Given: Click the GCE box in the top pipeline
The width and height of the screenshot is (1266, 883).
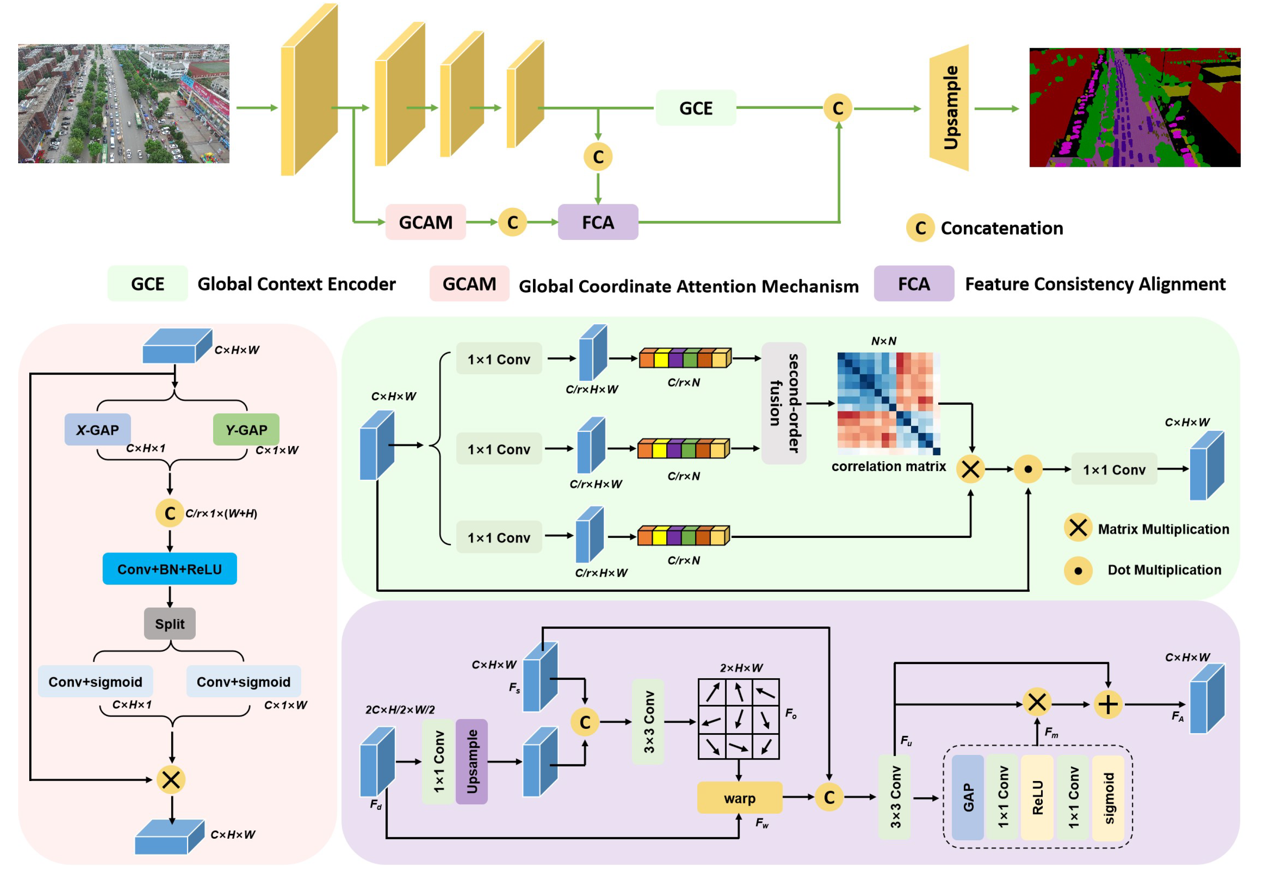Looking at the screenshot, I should (x=695, y=108).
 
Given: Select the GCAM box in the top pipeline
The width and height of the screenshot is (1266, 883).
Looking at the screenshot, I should (x=425, y=222).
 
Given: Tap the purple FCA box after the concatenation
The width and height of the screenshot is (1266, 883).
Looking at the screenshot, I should (x=598, y=222).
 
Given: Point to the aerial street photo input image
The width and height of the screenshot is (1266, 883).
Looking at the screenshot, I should (x=123, y=104).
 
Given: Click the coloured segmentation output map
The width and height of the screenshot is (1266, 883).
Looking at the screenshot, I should (x=1134, y=108).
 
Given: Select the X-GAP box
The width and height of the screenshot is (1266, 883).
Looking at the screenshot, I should (x=98, y=429).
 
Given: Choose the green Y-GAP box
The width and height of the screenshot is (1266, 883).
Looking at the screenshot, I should (x=246, y=429).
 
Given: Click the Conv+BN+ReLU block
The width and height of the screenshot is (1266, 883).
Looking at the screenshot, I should (x=169, y=569).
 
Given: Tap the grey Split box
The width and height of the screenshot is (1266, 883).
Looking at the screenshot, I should (x=169, y=623).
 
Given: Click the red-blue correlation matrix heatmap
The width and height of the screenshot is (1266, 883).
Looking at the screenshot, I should (x=888, y=403).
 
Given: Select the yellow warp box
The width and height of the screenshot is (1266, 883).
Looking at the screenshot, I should (x=739, y=798).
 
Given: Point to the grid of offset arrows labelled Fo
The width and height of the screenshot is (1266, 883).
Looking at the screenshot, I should (x=738, y=719).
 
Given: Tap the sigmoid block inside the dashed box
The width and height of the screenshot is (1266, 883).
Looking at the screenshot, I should (x=1108, y=798).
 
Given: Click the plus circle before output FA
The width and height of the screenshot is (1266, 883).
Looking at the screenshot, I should (x=1108, y=704).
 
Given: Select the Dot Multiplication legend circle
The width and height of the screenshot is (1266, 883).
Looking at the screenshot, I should (x=1078, y=570).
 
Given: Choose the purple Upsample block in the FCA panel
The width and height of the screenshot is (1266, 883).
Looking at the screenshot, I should (x=471, y=761).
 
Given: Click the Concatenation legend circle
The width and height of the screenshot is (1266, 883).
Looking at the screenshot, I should (x=920, y=228).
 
